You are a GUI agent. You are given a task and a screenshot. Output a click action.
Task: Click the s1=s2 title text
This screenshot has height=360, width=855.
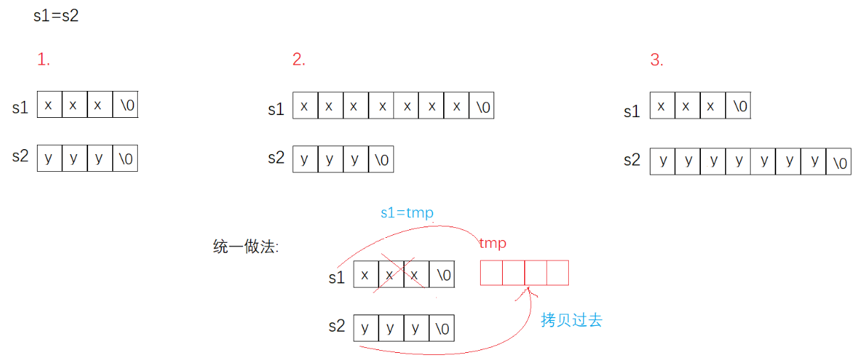pos(55,16)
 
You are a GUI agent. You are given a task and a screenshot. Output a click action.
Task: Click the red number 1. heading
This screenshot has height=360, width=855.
pos(43,60)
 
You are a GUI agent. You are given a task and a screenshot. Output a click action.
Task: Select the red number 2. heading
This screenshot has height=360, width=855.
pos(298,60)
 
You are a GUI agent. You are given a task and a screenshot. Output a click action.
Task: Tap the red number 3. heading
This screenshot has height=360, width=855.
pos(656,60)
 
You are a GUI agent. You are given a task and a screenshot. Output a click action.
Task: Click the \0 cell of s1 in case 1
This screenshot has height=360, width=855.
pos(125,105)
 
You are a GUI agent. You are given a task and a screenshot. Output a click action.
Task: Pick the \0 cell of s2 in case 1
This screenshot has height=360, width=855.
pos(125,158)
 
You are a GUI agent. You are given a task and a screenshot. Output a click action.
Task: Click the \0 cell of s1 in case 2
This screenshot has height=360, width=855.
pos(481,107)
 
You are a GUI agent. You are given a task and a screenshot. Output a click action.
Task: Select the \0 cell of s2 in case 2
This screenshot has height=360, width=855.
pos(380,159)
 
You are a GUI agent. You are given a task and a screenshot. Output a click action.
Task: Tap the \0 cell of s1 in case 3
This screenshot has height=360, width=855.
pos(738,107)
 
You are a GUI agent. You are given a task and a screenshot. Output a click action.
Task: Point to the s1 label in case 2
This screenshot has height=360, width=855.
pos(276,110)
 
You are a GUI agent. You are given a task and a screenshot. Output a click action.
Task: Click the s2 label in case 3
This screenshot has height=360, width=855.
pos(631,160)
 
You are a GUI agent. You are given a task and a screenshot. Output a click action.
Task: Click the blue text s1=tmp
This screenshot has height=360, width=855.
pos(407,212)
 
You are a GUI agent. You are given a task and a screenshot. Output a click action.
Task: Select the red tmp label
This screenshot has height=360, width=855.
pos(492,244)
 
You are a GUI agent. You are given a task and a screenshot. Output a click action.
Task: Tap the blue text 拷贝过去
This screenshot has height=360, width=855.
pos(571,320)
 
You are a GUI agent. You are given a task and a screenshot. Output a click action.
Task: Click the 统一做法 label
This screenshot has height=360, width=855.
pos(245,247)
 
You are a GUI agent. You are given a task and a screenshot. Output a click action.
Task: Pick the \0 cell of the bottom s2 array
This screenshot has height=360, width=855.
pos(441,329)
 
